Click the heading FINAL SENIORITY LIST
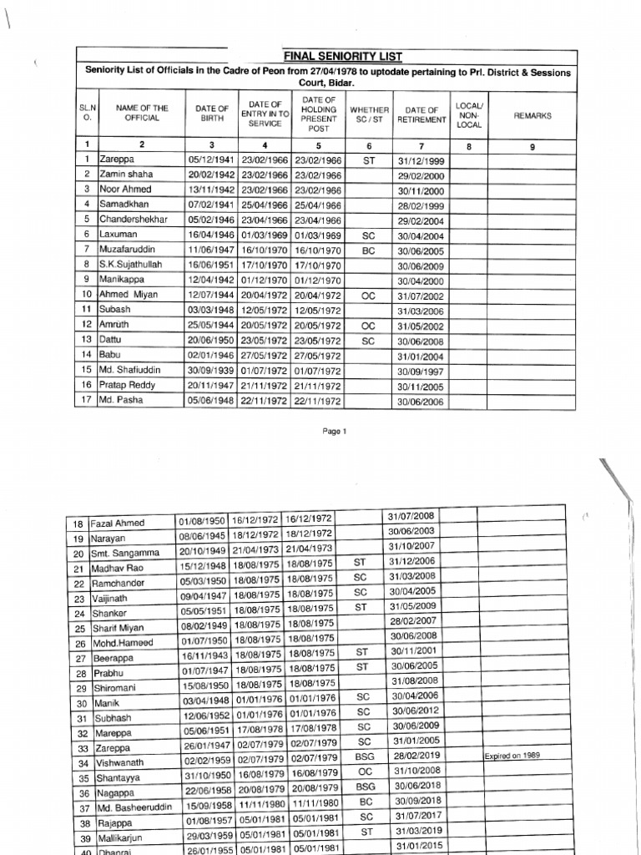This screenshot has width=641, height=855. click(x=331, y=57)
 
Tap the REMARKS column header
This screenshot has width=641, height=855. click(x=532, y=116)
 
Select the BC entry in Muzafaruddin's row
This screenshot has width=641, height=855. click(x=369, y=249)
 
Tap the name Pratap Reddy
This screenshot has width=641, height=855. click(x=127, y=385)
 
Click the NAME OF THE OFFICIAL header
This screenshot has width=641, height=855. click(x=142, y=114)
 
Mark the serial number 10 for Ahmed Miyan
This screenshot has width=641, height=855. click(x=86, y=294)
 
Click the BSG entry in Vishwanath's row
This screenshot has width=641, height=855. click(x=365, y=756)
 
